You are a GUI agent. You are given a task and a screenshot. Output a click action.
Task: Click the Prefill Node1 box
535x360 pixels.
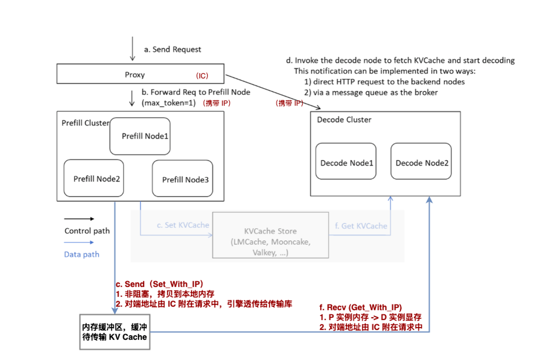pyautogui.click(x=140, y=136)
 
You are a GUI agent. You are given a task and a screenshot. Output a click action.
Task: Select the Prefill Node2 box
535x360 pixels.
pyautogui.click(x=93, y=178)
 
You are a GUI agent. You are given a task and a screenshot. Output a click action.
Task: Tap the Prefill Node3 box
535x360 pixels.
pyautogui.click(x=183, y=179)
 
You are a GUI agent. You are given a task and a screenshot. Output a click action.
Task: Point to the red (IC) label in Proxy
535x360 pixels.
pyautogui.click(x=202, y=76)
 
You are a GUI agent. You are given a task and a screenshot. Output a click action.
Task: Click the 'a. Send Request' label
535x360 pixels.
pyautogui.click(x=172, y=50)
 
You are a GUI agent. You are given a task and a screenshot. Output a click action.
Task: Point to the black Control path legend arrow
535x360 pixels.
pyautogui.click(x=79, y=219)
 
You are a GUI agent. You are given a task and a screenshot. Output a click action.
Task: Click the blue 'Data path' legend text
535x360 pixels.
pyautogui.click(x=81, y=254)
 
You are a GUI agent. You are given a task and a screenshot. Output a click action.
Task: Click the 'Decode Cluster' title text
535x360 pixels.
pyautogui.click(x=344, y=120)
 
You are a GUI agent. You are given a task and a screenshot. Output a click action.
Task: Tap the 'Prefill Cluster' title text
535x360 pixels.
pyautogui.click(x=85, y=123)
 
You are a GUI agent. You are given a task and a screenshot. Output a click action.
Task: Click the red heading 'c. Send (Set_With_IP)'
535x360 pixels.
pyautogui.click(x=160, y=285)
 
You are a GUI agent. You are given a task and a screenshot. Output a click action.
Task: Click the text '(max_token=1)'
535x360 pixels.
pyautogui.click(x=168, y=103)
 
